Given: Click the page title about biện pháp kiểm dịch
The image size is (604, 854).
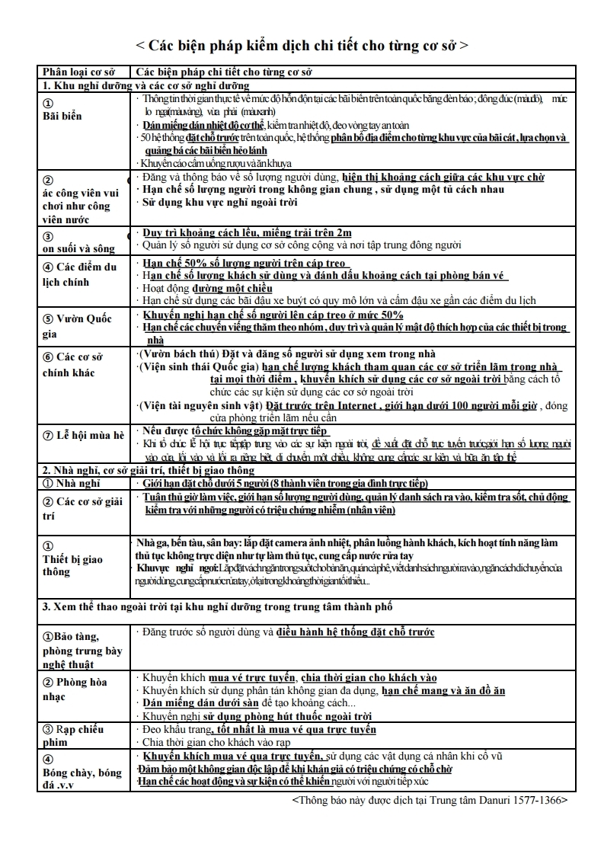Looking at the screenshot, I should pyautogui.click(x=302, y=45).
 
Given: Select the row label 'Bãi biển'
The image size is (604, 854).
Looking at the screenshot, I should pyautogui.click(x=62, y=116).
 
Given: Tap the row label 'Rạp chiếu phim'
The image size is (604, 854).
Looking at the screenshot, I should pyautogui.click(x=74, y=735).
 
